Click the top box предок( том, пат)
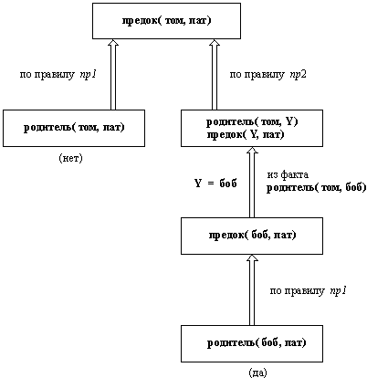click(x=166, y=21)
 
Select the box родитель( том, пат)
click(x=74, y=128)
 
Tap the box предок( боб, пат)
click(x=252, y=236)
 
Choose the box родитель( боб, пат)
click(x=252, y=343)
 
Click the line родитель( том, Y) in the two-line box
click(x=252, y=122)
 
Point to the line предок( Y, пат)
click(x=246, y=134)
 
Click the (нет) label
click(x=70, y=158)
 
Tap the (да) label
click(x=257, y=373)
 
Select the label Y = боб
click(x=215, y=184)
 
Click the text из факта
click(x=288, y=174)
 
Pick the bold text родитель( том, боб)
click(x=317, y=188)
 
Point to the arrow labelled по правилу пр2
click(x=215, y=74)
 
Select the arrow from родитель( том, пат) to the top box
click(x=113, y=74)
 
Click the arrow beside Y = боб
click(x=252, y=182)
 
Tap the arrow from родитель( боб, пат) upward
click(x=252, y=289)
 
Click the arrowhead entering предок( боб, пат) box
click(x=252, y=257)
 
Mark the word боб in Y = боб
click(x=228, y=184)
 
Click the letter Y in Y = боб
click(x=198, y=184)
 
